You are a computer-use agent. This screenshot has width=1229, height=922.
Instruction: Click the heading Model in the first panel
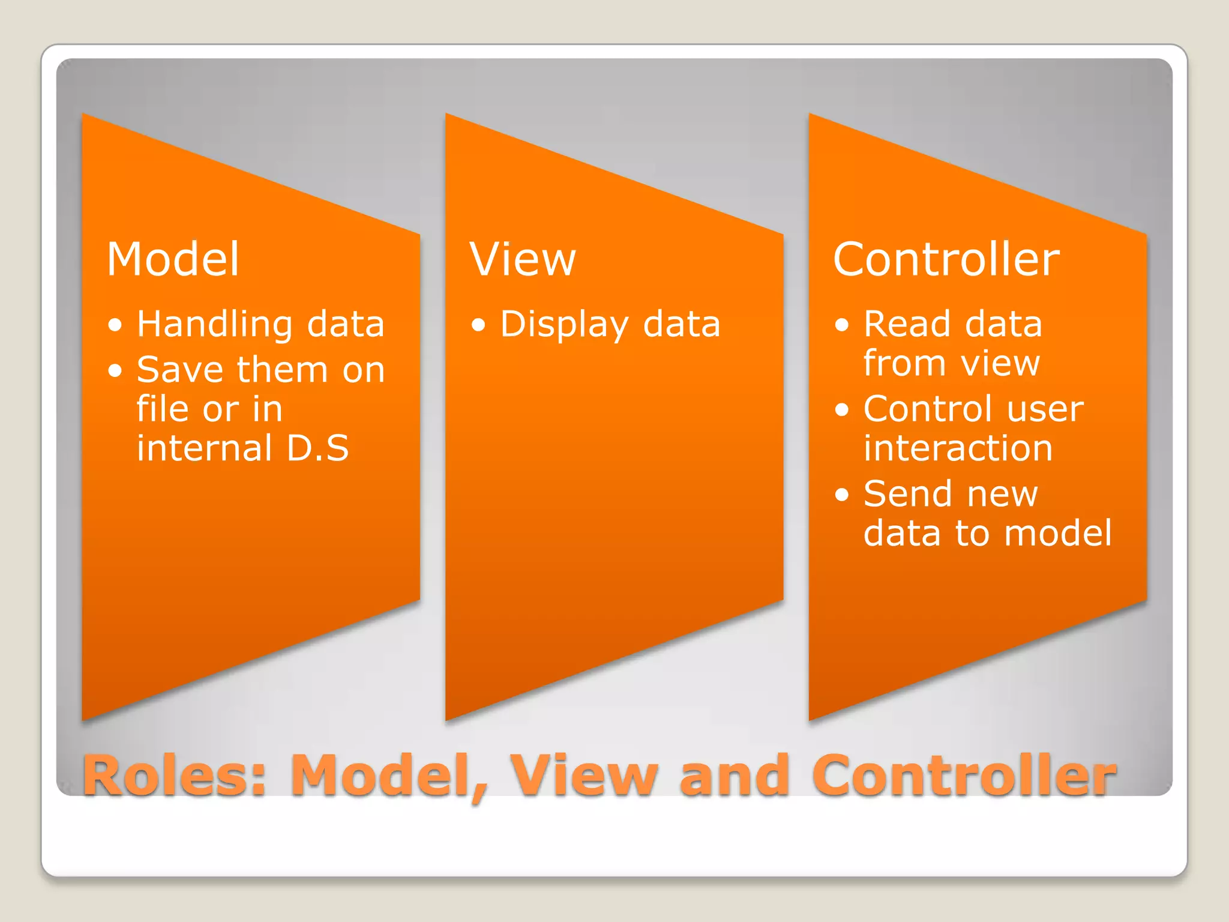tap(173, 259)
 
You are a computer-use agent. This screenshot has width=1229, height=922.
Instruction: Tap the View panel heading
tap(522, 259)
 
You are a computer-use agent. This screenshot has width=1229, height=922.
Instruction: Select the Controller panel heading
tap(946, 259)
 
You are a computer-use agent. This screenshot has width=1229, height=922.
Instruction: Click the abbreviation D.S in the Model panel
tap(317, 448)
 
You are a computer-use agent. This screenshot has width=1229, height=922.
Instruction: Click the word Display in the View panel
tap(564, 325)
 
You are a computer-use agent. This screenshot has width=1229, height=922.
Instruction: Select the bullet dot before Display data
tap(478, 325)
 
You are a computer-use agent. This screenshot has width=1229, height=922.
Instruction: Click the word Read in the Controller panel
tap(907, 324)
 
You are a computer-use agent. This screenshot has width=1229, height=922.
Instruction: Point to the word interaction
tap(958, 448)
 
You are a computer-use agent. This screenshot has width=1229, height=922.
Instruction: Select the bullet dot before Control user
tap(842, 410)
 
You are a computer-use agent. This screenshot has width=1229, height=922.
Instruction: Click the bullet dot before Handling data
tap(115, 325)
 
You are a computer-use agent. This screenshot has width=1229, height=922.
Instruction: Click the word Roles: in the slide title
tap(174, 776)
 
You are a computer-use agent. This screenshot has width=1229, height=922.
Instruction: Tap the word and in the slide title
tap(734, 776)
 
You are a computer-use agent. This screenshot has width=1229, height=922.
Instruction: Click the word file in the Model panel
tap(163, 409)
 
